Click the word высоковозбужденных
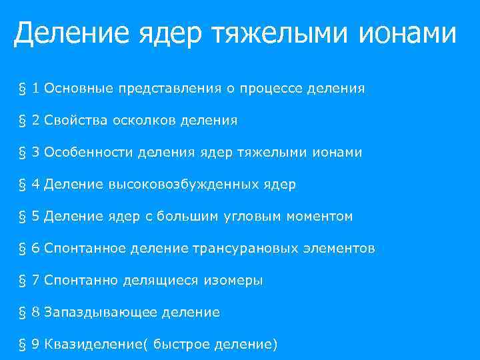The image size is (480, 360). [x=179, y=185]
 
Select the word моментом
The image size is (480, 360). [x=320, y=217]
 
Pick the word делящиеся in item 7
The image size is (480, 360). [x=160, y=281]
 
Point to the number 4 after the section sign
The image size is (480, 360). [x=36, y=185]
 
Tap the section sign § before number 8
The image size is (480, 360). [x=23, y=313]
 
